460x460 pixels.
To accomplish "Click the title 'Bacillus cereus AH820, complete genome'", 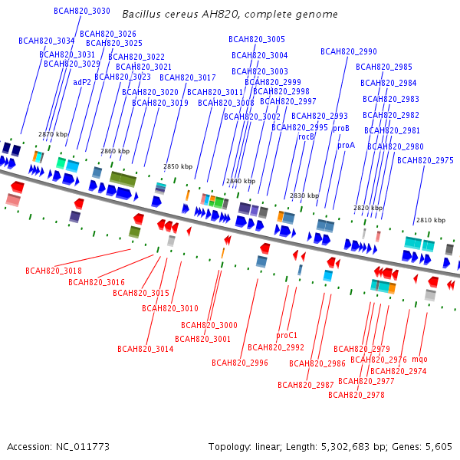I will coord(230,15).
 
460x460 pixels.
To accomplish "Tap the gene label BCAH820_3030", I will coord(82,11).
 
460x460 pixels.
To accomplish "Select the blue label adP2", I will coord(82,82).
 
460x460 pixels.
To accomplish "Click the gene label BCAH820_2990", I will coord(349,51).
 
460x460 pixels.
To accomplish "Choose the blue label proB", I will coord(341,128).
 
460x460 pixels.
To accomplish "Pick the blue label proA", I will coord(347,145).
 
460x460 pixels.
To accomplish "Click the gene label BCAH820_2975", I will coord(426,160).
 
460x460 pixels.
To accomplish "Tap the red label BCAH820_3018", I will coord(53,271).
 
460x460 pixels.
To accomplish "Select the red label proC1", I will coord(287,335).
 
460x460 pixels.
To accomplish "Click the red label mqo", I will coord(419,359).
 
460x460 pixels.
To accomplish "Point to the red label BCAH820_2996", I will coord(240,363).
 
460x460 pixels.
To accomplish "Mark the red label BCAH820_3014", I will coord(146,349).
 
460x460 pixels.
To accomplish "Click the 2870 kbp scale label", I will coord(53,134).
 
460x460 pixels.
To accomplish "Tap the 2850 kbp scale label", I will coord(178,166).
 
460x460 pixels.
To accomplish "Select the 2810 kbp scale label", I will coord(431,220).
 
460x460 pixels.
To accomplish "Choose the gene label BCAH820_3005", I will coord(257,39).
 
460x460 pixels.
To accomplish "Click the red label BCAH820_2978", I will coord(356,395).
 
